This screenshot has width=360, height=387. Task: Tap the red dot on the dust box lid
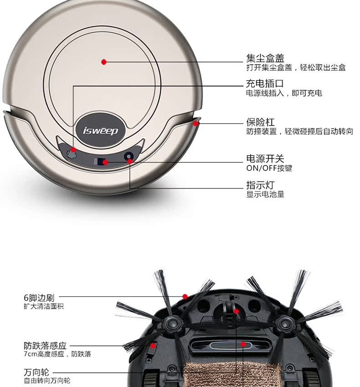104,62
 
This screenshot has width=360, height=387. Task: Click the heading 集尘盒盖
265,58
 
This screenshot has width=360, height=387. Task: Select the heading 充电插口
265,84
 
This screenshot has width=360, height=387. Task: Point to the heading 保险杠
261,122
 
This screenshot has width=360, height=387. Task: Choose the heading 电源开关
265,159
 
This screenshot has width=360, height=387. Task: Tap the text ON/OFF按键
269,168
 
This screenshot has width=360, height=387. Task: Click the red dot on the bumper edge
195,123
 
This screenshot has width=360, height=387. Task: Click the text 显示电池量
266,195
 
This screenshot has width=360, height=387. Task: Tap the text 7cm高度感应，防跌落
57,354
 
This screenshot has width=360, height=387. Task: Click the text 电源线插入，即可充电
284,93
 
